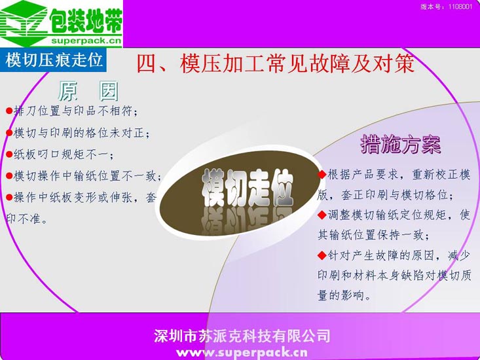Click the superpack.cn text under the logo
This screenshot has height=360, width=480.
86,41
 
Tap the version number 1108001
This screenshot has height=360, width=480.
460,7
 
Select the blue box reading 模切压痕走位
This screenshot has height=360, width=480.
53,60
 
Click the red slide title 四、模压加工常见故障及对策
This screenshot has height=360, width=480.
275,63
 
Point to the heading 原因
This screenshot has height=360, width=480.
88,91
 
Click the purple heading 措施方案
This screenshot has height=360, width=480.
401,145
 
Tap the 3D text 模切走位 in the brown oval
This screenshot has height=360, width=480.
248,187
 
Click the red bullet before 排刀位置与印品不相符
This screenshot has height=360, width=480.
9,111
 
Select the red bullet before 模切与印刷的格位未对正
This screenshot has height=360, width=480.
9,133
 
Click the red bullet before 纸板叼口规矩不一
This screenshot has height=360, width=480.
9,154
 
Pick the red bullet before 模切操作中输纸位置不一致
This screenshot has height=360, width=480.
9,176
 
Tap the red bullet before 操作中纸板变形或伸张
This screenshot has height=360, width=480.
9,198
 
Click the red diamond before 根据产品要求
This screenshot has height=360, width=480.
322,175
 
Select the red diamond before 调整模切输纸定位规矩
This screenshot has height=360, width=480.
322,215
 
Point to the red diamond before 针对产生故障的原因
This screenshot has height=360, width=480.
322,255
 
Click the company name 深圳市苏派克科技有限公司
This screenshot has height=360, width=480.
242,336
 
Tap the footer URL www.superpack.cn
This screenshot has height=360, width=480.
242,353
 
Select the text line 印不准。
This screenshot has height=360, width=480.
27,219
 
